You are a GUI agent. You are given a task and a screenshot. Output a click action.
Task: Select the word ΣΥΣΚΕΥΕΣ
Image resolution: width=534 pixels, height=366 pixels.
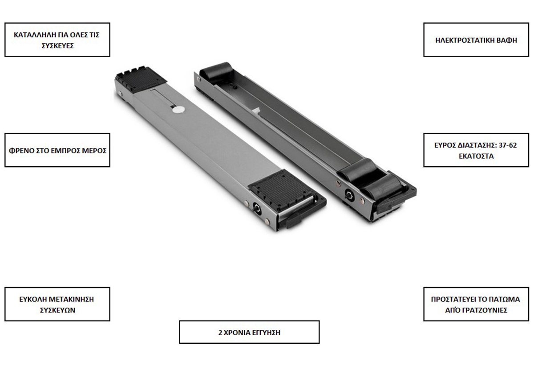57,45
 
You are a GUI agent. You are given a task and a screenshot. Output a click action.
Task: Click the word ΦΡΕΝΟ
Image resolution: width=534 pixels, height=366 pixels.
20,150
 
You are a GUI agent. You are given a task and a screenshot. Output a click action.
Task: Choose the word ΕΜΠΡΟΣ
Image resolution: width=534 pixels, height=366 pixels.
70,150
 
